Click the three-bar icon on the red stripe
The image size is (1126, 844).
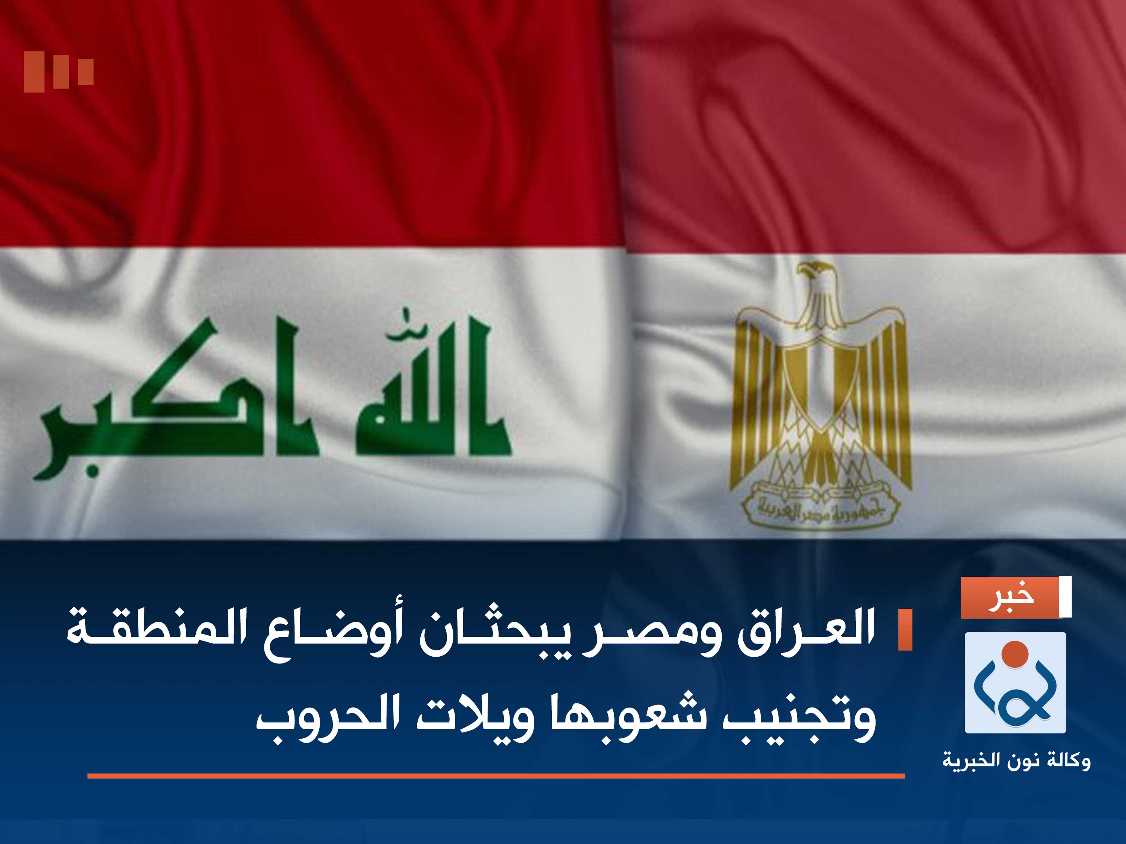[x=59, y=71]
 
